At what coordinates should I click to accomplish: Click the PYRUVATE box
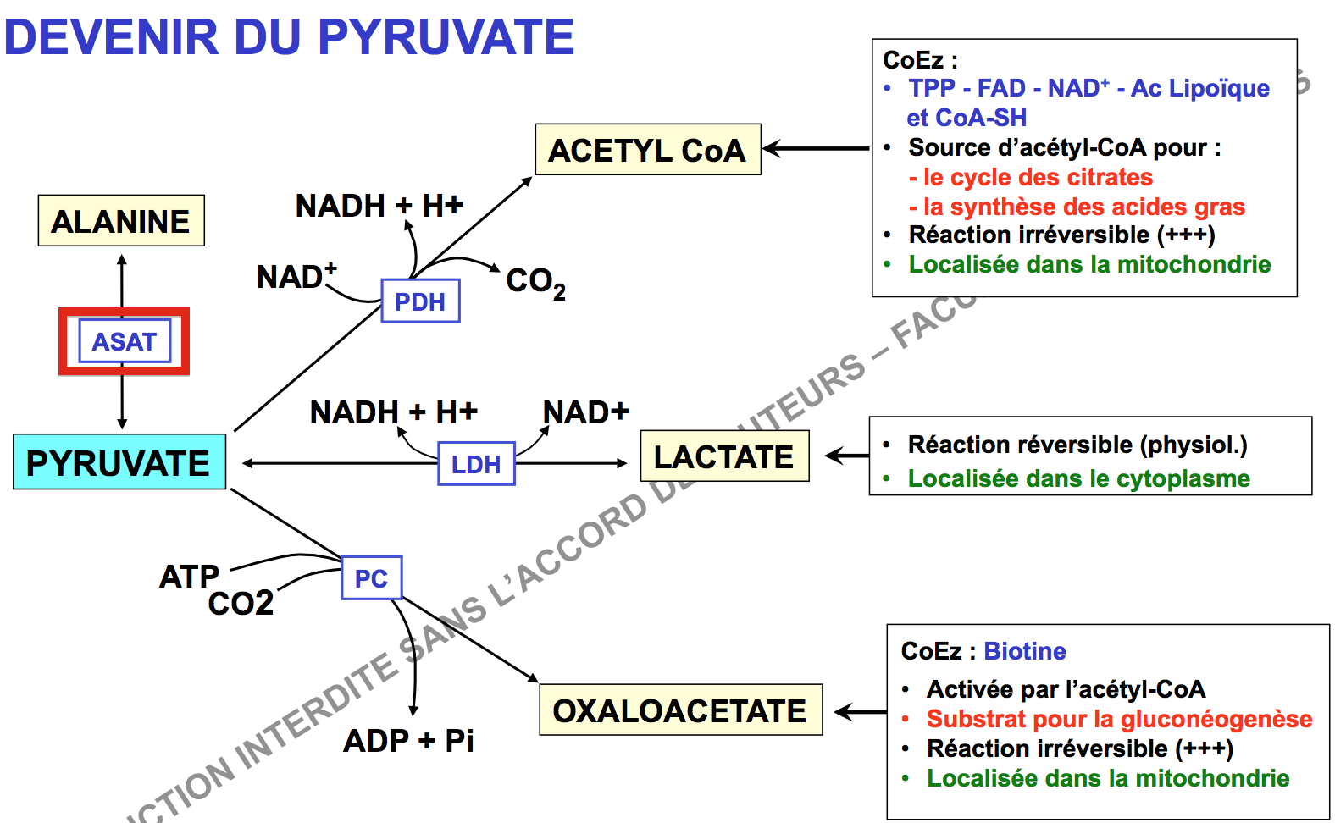[119, 462]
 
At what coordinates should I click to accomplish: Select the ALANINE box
[121, 221]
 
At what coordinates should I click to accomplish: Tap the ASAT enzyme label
[125, 341]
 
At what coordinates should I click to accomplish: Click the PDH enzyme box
[420, 301]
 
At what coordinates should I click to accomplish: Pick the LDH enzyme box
[476, 464]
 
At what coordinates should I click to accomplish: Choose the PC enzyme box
[371, 578]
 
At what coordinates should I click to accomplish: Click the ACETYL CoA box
[648, 150]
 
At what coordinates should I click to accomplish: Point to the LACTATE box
[724, 456]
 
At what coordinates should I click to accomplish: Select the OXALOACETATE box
[680, 710]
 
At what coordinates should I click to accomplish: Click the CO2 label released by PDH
[535, 282]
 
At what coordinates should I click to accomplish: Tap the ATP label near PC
[189, 577]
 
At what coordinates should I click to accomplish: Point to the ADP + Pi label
[408, 741]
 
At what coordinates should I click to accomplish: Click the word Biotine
[1025, 651]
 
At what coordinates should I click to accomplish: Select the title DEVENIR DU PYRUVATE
[290, 37]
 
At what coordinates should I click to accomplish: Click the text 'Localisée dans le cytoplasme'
[1078, 478]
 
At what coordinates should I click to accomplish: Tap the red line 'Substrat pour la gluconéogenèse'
[1119, 719]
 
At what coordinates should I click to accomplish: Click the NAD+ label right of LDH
[585, 412]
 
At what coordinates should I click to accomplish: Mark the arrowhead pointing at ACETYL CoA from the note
[769, 149]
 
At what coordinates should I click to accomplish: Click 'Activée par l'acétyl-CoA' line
[1066, 689]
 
